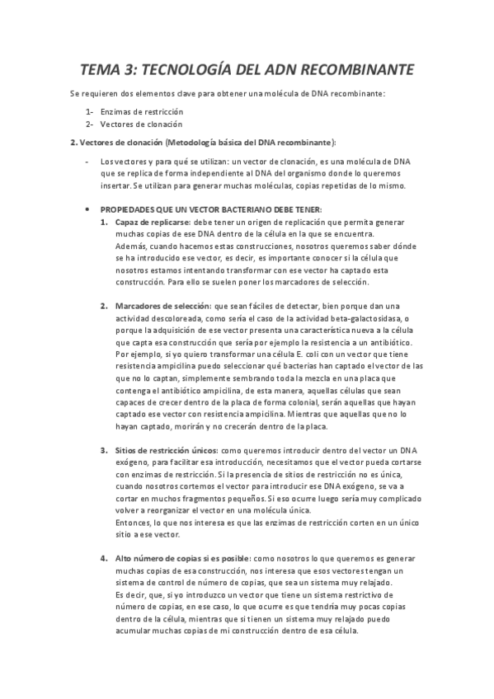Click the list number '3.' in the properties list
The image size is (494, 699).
point(104,451)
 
